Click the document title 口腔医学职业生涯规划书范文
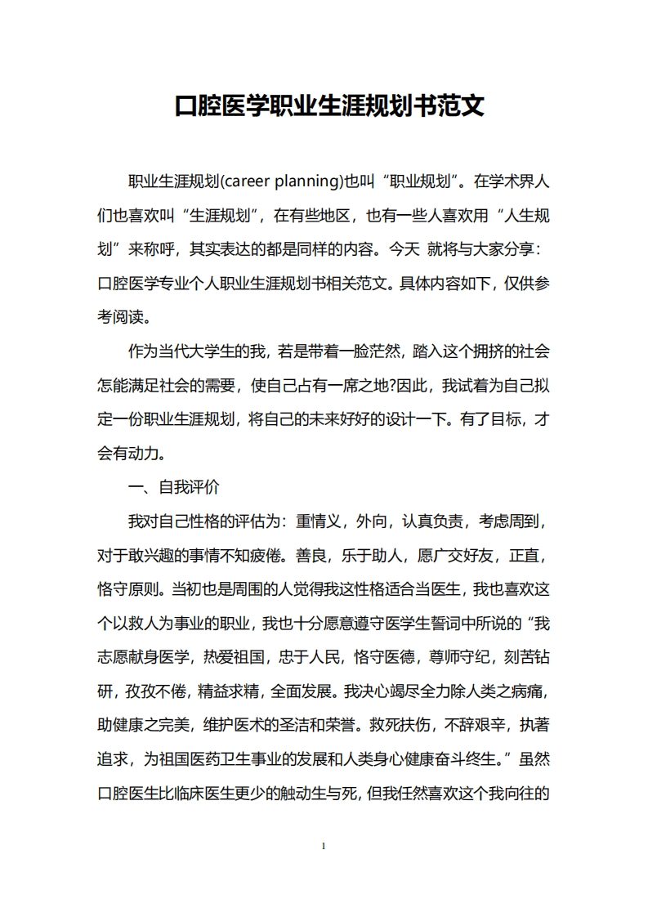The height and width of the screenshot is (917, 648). click(329, 105)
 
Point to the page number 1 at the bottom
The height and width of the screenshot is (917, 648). click(324, 845)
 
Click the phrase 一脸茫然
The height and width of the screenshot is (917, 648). click(349, 351)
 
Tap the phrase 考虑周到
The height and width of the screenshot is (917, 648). click(509, 521)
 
